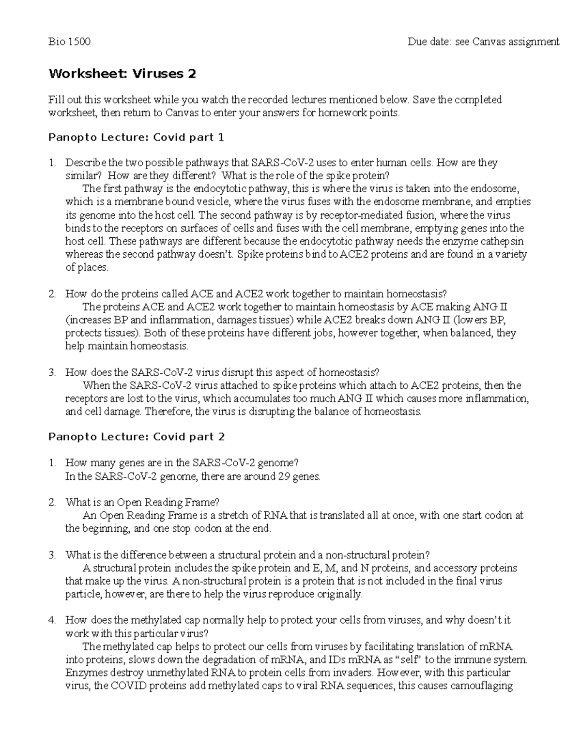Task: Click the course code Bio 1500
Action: coord(69,42)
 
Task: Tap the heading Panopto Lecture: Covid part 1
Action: coord(136,138)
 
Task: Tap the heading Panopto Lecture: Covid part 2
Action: coord(136,437)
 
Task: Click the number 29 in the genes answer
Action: coord(284,476)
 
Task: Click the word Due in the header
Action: coord(417,42)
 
